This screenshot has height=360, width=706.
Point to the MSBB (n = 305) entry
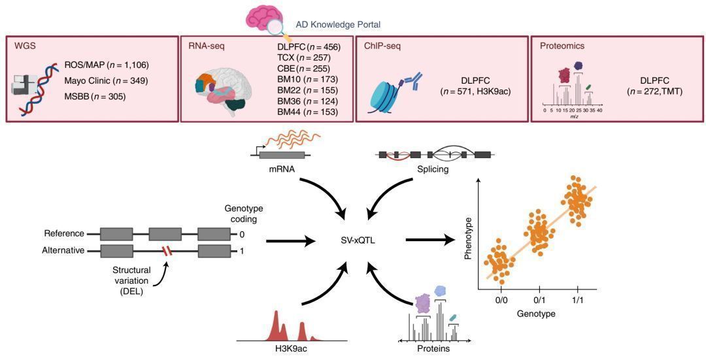(95, 96)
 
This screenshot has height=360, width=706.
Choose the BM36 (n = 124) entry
(307, 101)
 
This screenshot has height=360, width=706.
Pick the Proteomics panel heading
(562, 46)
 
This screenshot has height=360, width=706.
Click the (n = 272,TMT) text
(654, 91)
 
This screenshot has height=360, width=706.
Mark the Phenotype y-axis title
(469, 241)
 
